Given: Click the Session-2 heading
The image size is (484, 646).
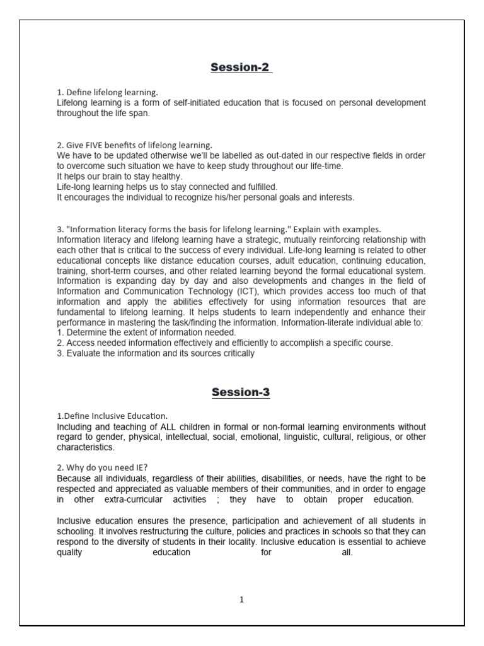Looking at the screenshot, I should pos(241,68).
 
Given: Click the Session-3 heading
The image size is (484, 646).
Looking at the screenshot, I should pos(241,392).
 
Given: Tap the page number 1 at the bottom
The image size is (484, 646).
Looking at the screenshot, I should pos(241,600).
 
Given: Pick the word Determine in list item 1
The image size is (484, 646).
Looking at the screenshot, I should pos(88,332).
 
